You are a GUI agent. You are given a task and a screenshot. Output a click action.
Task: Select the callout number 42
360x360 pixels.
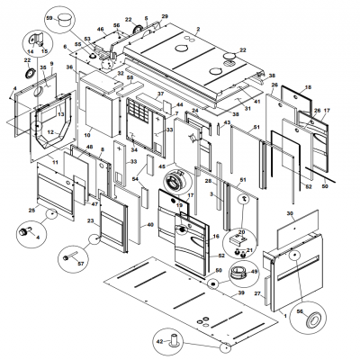(158, 342)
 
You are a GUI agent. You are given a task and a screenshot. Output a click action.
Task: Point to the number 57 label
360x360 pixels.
(80, 265)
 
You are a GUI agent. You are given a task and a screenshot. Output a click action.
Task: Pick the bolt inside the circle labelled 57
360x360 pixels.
(65, 257)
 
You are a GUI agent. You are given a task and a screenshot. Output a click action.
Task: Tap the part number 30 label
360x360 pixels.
(290, 213)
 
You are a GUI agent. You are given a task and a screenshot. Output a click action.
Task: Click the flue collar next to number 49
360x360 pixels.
(238, 271)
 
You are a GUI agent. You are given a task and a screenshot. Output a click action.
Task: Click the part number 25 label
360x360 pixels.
(31, 211)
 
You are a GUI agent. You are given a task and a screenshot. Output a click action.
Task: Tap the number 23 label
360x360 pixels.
(90, 220)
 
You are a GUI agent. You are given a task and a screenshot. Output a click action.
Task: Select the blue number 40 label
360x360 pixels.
(150, 225)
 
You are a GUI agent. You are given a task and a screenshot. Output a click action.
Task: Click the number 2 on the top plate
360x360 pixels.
(198, 30)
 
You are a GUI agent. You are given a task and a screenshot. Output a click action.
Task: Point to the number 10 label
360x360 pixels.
(87, 136)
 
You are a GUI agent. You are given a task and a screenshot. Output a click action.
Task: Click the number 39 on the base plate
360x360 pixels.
(240, 294)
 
